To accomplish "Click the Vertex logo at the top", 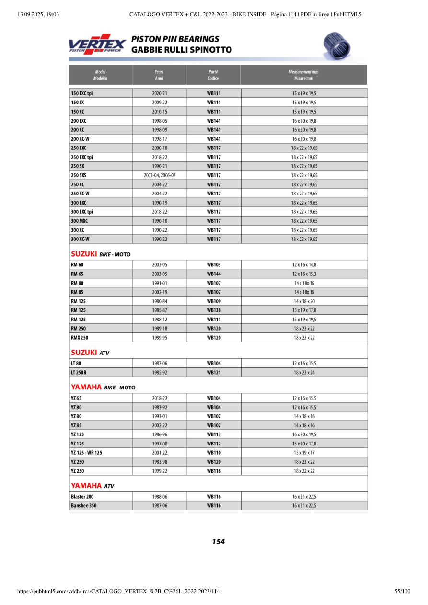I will click(97, 44).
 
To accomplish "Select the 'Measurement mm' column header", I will click(303, 75).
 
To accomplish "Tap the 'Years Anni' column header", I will click(159, 75).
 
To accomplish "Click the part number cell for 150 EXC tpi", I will click(214, 93).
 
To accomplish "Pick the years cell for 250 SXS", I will click(159, 175).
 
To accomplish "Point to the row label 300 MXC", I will click(80, 221).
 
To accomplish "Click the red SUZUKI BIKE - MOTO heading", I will click(101, 253).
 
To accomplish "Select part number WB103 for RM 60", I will click(214, 264).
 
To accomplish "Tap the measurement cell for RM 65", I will click(304, 274).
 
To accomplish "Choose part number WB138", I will click(214, 310).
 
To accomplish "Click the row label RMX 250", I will click(80, 338).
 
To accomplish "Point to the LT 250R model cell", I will click(79, 372).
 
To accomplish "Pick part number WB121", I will click(214, 372).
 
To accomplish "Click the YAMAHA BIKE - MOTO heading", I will click(103, 387).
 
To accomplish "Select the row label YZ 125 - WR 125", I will click(86, 452).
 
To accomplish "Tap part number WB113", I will click(214, 434).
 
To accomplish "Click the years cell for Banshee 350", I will click(159, 505).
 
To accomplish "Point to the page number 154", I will click(218, 541).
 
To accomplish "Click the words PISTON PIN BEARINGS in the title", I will click(175, 39).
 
